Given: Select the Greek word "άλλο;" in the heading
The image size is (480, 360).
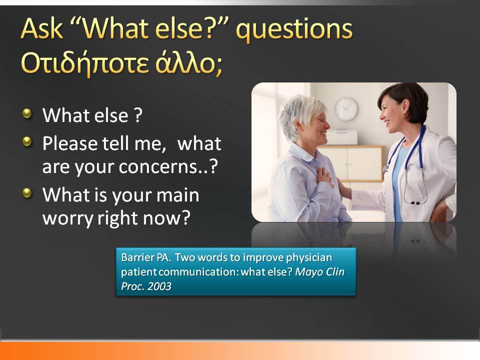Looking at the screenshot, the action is pyautogui.click(x=189, y=63).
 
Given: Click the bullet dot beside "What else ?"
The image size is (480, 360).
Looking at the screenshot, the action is pyautogui.click(x=27, y=113).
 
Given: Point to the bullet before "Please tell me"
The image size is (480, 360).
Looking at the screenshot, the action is pyautogui.click(x=27, y=141).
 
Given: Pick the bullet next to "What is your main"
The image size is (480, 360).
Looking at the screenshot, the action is pyautogui.click(x=27, y=193).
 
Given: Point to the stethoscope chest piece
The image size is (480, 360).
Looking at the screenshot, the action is pyautogui.click(x=415, y=202).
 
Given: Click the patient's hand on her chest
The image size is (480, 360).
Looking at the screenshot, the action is pyautogui.click(x=324, y=176).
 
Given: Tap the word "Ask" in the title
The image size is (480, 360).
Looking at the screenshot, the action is pyautogui.click(x=42, y=28).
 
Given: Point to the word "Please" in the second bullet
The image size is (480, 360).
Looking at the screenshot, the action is pyautogui.click(x=70, y=143).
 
